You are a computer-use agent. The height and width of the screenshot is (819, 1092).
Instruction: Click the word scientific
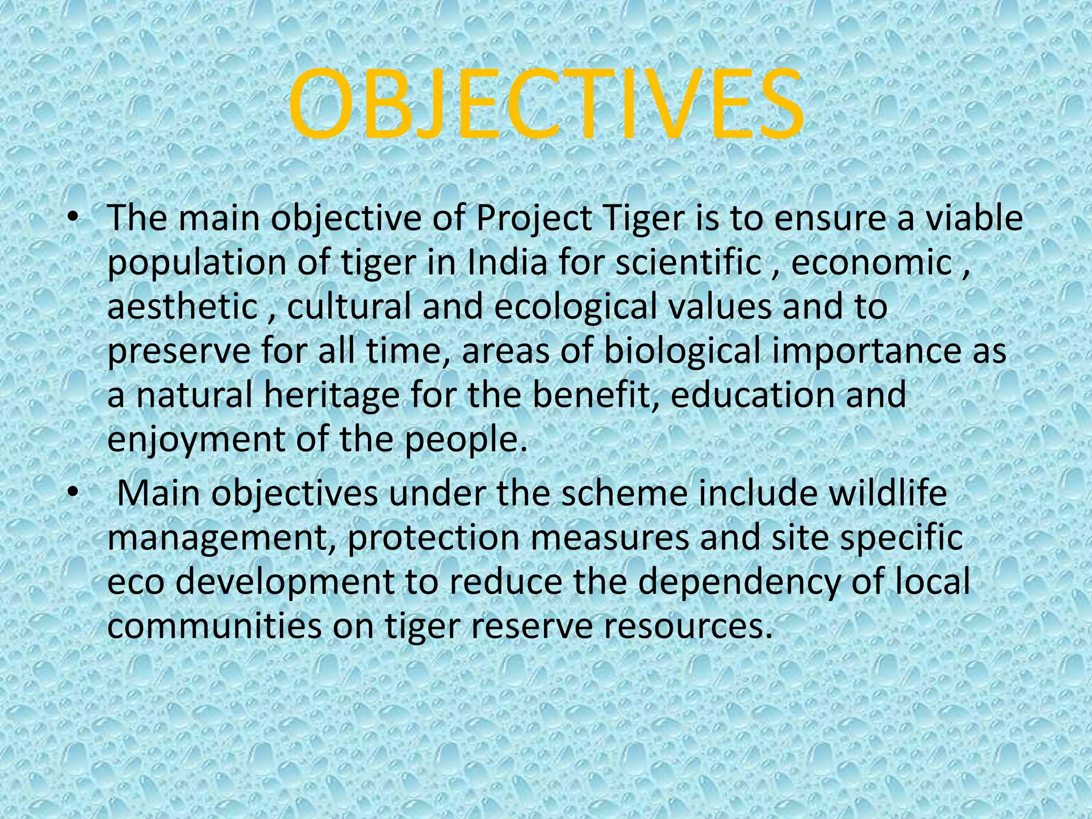pyautogui.click(x=688, y=263)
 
